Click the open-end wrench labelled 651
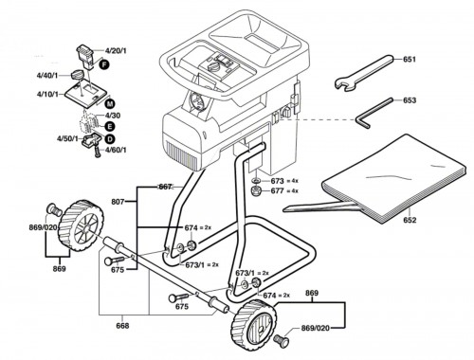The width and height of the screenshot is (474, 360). pos(363,73)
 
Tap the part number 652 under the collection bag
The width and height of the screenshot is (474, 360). pos(410,220)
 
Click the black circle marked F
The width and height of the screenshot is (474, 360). pos(103,64)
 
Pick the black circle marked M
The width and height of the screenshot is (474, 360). pos(110,103)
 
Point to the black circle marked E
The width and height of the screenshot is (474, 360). pos(110,127)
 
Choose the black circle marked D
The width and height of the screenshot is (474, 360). pos(110,139)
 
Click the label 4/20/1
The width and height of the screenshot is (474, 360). pos(116,50)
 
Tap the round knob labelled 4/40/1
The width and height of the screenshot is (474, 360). pos(78,75)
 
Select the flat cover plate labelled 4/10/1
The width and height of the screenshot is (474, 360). pos(86,93)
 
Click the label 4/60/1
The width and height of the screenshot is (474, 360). pos(116,150)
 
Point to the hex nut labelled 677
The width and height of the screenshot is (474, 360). pos(255,191)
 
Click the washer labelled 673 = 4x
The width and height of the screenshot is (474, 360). pos(256,181)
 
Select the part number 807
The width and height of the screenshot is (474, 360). pos(118,202)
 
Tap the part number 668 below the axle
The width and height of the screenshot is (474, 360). pos(122,326)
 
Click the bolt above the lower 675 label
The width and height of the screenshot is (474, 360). pos(179,297)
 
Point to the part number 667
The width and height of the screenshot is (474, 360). pos(165,187)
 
